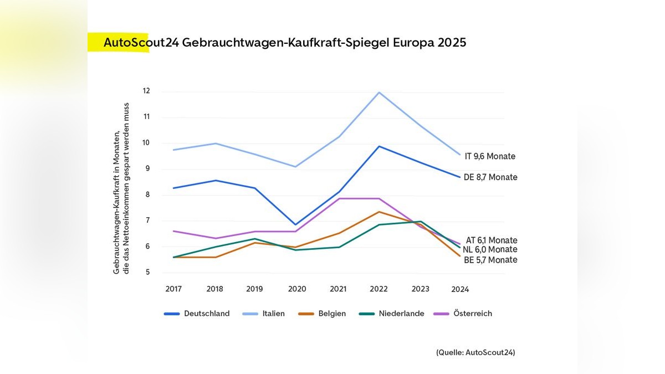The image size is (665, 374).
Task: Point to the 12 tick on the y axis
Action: point(146,91)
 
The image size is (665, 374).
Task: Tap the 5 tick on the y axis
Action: point(148,273)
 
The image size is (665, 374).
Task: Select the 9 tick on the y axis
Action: point(148,169)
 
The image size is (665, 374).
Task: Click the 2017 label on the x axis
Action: point(173,289)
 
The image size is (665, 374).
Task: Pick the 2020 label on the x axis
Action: point(297,289)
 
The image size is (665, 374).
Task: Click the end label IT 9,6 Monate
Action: point(490,156)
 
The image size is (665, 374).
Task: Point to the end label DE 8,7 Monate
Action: point(490,177)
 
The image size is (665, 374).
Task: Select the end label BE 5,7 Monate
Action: point(490,260)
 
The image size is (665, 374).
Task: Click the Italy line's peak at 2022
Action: point(379,92)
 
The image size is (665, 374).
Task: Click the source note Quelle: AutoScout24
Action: point(475,352)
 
